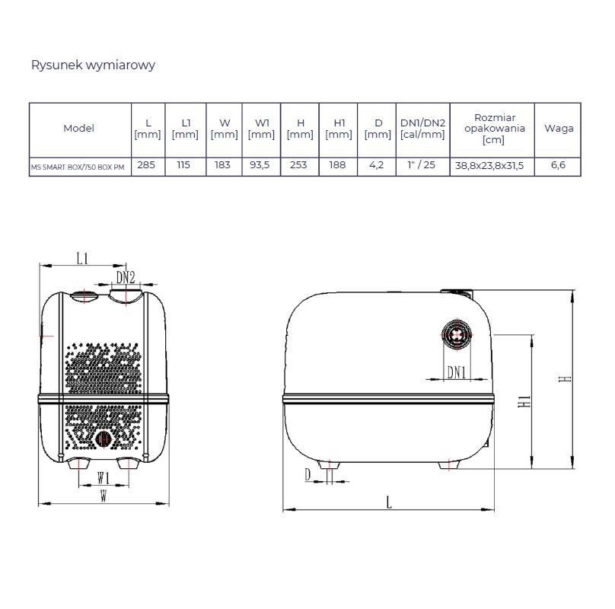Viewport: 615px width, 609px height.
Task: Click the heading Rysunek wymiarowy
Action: pyautogui.click(x=93, y=65)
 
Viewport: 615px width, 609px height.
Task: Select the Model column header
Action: pyautogui.click(x=79, y=129)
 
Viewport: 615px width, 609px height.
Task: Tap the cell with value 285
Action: pyautogui.click(x=146, y=165)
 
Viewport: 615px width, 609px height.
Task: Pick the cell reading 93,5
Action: pyautogui.click(x=260, y=165)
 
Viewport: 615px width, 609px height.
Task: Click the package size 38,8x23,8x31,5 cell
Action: pyautogui.click(x=489, y=166)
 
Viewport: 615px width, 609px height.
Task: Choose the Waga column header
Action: pyautogui.click(x=559, y=129)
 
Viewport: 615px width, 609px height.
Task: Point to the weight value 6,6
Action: pyautogui.click(x=558, y=165)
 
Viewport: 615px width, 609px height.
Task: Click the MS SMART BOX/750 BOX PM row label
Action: pyautogui.click(x=78, y=167)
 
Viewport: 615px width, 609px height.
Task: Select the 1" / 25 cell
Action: pyautogui.click(x=422, y=164)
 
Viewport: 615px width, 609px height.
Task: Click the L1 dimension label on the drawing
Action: pyautogui.click(x=82, y=259)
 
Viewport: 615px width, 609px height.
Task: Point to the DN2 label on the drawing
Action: pyautogui.click(x=126, y=277)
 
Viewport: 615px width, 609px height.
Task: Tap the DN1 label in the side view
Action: pyautogui.click(x=457, y=372)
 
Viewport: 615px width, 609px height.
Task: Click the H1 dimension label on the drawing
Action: pyautogui.click(x=524, y=401)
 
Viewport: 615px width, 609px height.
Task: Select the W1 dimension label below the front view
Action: pyautogui.click(x=104, y=478)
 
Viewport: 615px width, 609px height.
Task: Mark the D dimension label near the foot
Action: pyautogui.click(x=307, y=475)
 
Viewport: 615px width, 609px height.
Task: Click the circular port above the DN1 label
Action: pyautogui.click(x=457, y=335)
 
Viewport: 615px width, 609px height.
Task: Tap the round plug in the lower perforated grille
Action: pyautogui.click(x=104, y=439)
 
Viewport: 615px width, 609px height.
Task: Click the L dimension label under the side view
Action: pyautogui.click(x=389, y=502)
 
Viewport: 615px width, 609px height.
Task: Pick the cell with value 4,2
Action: pyautogui.click(x=377, y=165)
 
